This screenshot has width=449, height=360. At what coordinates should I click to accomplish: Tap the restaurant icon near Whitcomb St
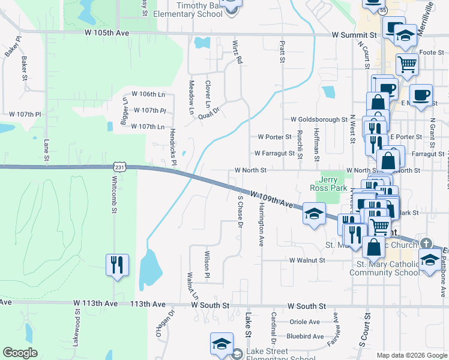click(116, 264)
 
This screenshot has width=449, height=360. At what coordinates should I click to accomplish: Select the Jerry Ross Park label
click(333, 184)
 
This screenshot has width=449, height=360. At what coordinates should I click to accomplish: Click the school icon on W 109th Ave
click(313, 214)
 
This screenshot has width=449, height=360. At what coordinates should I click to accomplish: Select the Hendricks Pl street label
click(172, 146)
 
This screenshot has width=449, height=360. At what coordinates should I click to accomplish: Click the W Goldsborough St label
click(319, 119)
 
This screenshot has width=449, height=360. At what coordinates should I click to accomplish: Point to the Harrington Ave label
click(261, 224)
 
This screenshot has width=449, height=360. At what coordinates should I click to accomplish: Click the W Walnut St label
click(306, 260)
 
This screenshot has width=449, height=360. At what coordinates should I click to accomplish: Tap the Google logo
click(20, 353)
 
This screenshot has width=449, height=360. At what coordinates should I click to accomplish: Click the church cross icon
click(426, 243)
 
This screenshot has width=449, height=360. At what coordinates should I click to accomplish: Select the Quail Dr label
click(209, 110)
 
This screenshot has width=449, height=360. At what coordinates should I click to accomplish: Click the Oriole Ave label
click(306, 322)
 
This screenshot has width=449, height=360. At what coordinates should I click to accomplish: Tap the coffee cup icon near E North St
click(421, 95)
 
